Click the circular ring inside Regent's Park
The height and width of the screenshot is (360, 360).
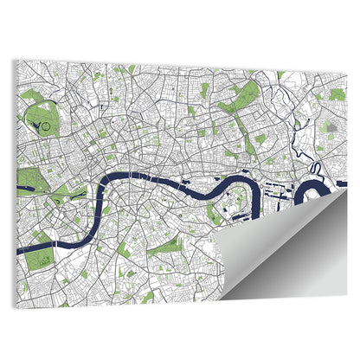[44, 128]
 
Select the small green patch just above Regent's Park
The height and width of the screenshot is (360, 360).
[32, 95]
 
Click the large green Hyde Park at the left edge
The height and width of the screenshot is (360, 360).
[29, 180]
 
